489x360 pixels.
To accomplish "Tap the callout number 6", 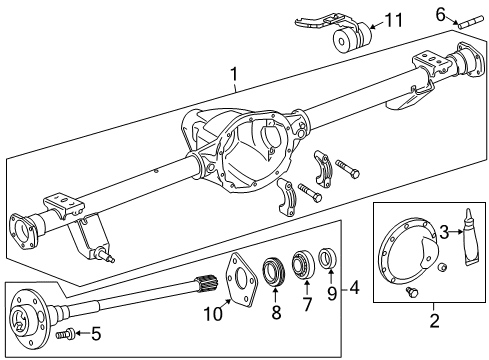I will coord(439,12).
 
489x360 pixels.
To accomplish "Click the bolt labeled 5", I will coord(67,334).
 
